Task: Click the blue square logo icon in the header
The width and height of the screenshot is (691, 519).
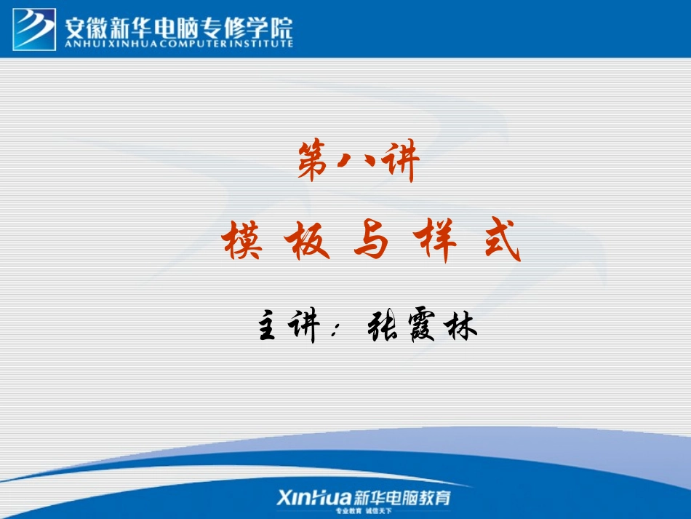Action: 34,28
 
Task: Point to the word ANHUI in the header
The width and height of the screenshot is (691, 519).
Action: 81,43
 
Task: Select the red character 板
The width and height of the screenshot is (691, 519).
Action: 306,242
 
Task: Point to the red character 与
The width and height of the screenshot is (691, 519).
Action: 372,242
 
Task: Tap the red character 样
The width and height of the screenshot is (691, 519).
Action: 436,242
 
